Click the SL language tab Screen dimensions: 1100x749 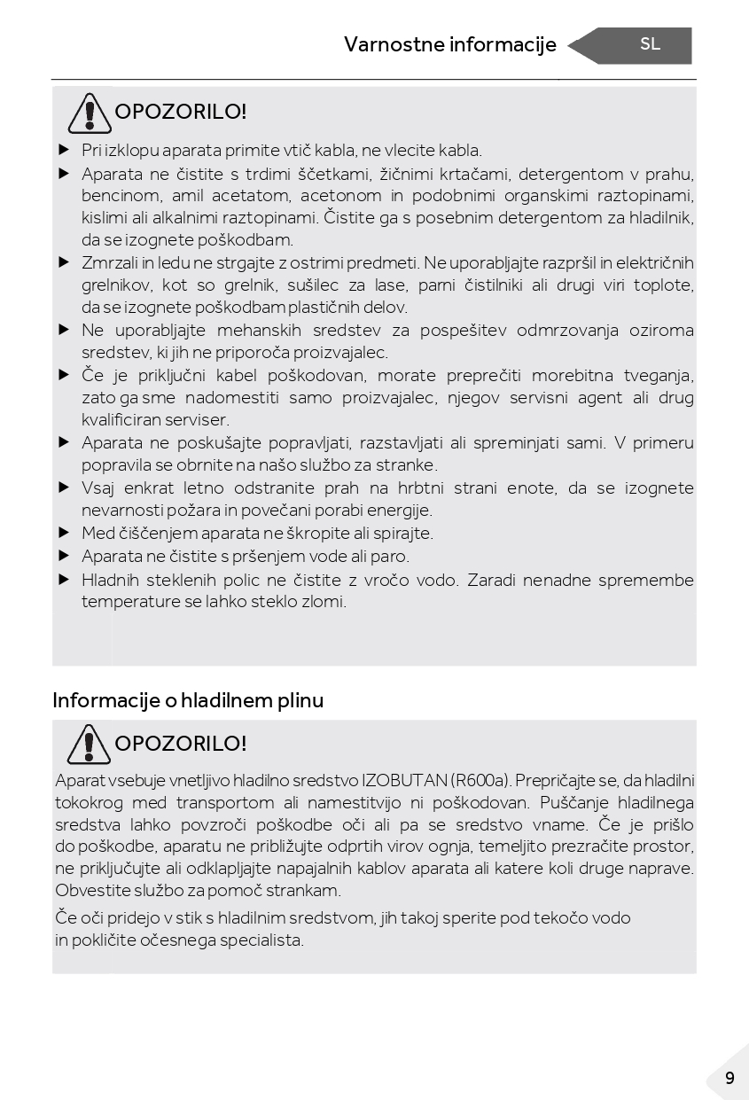(x=650, y=45)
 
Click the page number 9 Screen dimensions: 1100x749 (x=729, y=1078)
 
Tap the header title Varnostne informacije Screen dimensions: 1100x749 (x=449, y=45)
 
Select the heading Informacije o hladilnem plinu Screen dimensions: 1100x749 (x=188, y=700)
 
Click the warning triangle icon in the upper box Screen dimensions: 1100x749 (x=88, y=113)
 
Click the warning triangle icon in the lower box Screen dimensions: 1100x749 (x=88, y=744)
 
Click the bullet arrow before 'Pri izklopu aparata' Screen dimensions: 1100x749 (x=64, y=150)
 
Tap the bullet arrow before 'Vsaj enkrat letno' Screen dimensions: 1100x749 (x=64, y=488)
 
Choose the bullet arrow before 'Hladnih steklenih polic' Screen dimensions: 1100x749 (x=64, y=580)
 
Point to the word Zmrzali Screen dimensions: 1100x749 (x=109, y=263)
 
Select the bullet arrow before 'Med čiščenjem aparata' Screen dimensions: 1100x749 (x=64, y=533)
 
